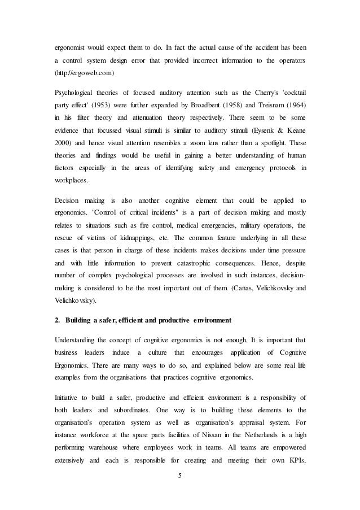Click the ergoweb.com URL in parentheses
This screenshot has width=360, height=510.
(84, 73)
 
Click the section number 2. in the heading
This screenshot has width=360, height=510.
(57, 321)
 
